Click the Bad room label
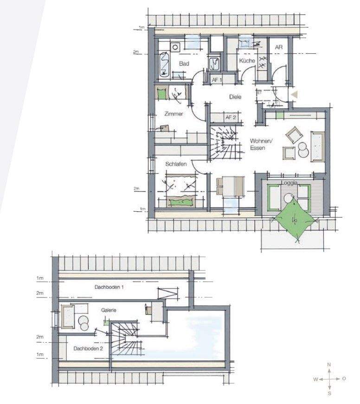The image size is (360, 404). click(x=184, y=63)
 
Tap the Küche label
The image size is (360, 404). click(x=247, y=61)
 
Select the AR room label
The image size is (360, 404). click(x=279, y=47)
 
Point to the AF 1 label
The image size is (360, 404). click(x=217, y=80)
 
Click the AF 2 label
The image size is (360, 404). click(x=231, y=117)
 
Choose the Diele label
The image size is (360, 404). click(x=235, y=97)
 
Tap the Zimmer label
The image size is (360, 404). click(x=174, y=114)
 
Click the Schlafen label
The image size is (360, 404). click(x=176, y=164)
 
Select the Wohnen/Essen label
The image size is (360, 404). click(x=261, y=144)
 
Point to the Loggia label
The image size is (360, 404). click(x=289, y=182)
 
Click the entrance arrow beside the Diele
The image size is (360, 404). click(x=295, y=95)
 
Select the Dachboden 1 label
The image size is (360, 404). click(x=109, y=287)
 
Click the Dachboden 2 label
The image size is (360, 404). click(x=88, y=349)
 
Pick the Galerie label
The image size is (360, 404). click(x=109, y=310)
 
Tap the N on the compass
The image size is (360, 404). click(x=329, y=365)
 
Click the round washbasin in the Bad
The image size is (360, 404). click(x=175, y=47)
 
